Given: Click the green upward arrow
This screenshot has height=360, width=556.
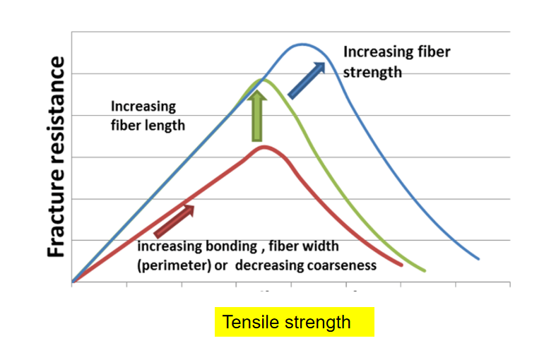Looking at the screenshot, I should pyautogui.click(x=257, y=116).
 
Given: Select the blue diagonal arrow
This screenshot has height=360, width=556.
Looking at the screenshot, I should pyautogui.click(x=306, y=79).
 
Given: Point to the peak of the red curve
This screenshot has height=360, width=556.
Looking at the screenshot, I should pyautogui.click(x=264, y=147).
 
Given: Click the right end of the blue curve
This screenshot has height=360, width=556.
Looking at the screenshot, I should pyautogui.click(x=478, y=258).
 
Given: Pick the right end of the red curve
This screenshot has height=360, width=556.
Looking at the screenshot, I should pyautogui.click(x=401, y=265).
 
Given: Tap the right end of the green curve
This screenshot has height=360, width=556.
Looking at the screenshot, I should pyautogui.click(x=425, y=270).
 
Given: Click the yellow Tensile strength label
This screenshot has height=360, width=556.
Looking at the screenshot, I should pyautogui.click(x=294, y=323).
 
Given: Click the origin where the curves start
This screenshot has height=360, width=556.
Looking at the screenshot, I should pyautogui.click(x=72, y=282).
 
